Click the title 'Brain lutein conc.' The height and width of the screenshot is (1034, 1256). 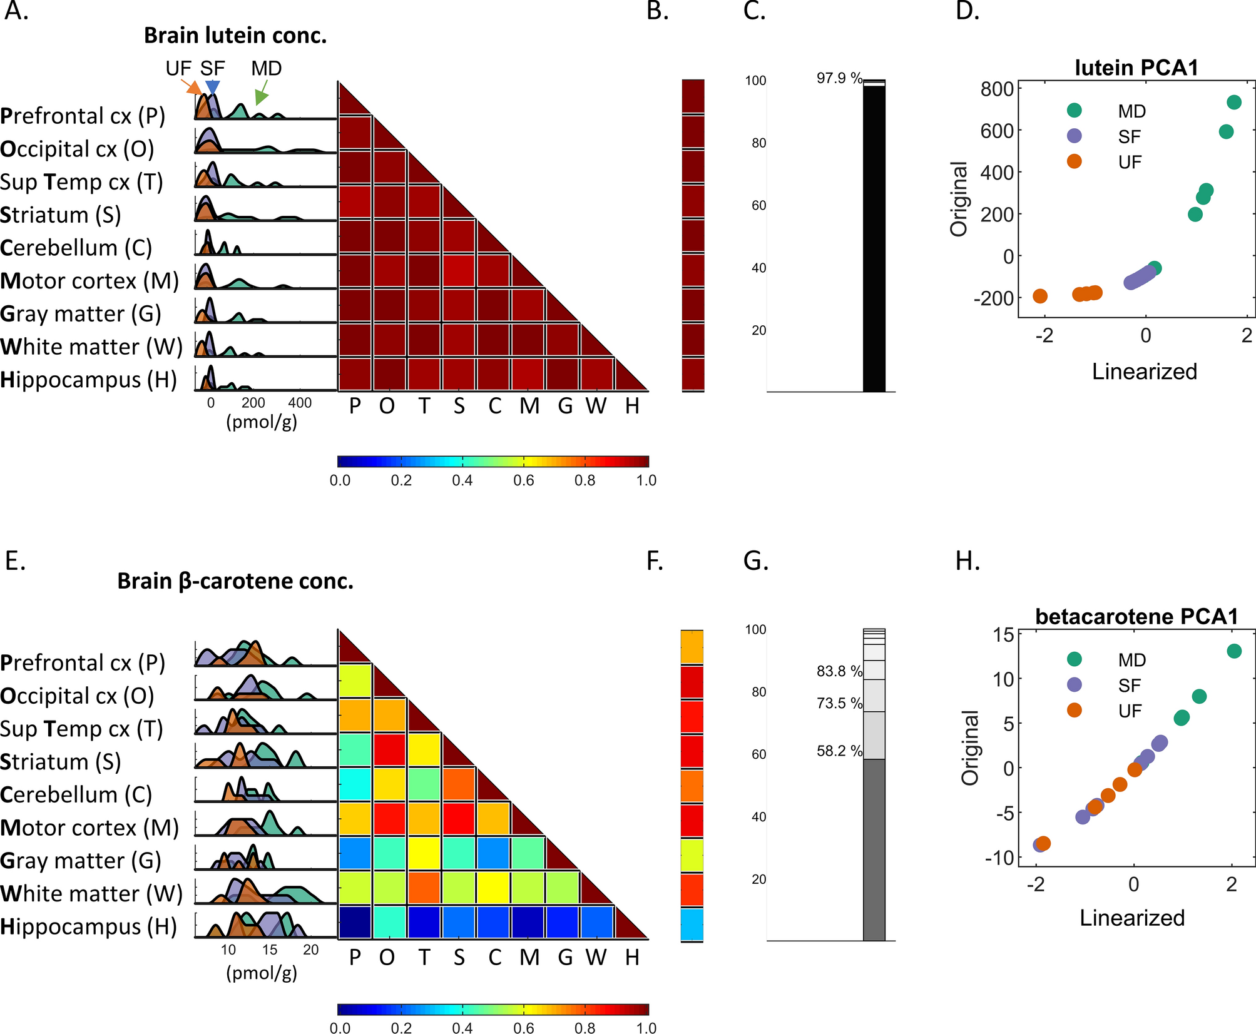[235, 36]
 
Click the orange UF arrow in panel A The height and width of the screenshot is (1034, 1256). [190, 87]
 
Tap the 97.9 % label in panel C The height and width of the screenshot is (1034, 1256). [839, 78]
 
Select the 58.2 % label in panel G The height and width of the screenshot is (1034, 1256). [839, 751]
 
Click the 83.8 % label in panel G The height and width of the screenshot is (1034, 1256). [839, 671]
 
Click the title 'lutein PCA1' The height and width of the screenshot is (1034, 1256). [1136, 68]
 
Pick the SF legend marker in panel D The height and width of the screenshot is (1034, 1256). [1075, 136]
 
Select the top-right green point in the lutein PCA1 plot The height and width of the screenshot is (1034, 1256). [1233, 102]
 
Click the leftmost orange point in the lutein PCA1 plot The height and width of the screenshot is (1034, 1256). [1040, 296]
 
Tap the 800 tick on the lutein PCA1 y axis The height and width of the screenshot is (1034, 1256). [997, 89]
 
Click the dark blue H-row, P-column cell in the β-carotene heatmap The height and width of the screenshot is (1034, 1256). [355, 921]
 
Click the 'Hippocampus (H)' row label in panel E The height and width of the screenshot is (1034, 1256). [89, 926]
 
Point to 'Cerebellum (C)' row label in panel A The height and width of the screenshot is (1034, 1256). [76, 248]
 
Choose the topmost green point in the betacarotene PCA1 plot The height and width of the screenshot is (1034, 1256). [1233, 651]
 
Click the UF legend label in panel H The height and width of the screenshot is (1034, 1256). [1130, 711]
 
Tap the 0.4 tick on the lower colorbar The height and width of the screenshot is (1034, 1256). [462, 1028]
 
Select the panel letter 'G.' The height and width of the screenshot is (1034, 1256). [755, 560]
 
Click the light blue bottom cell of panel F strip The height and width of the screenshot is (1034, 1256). [692, 924]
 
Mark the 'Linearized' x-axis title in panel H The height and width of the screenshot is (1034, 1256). [1131, 918]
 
